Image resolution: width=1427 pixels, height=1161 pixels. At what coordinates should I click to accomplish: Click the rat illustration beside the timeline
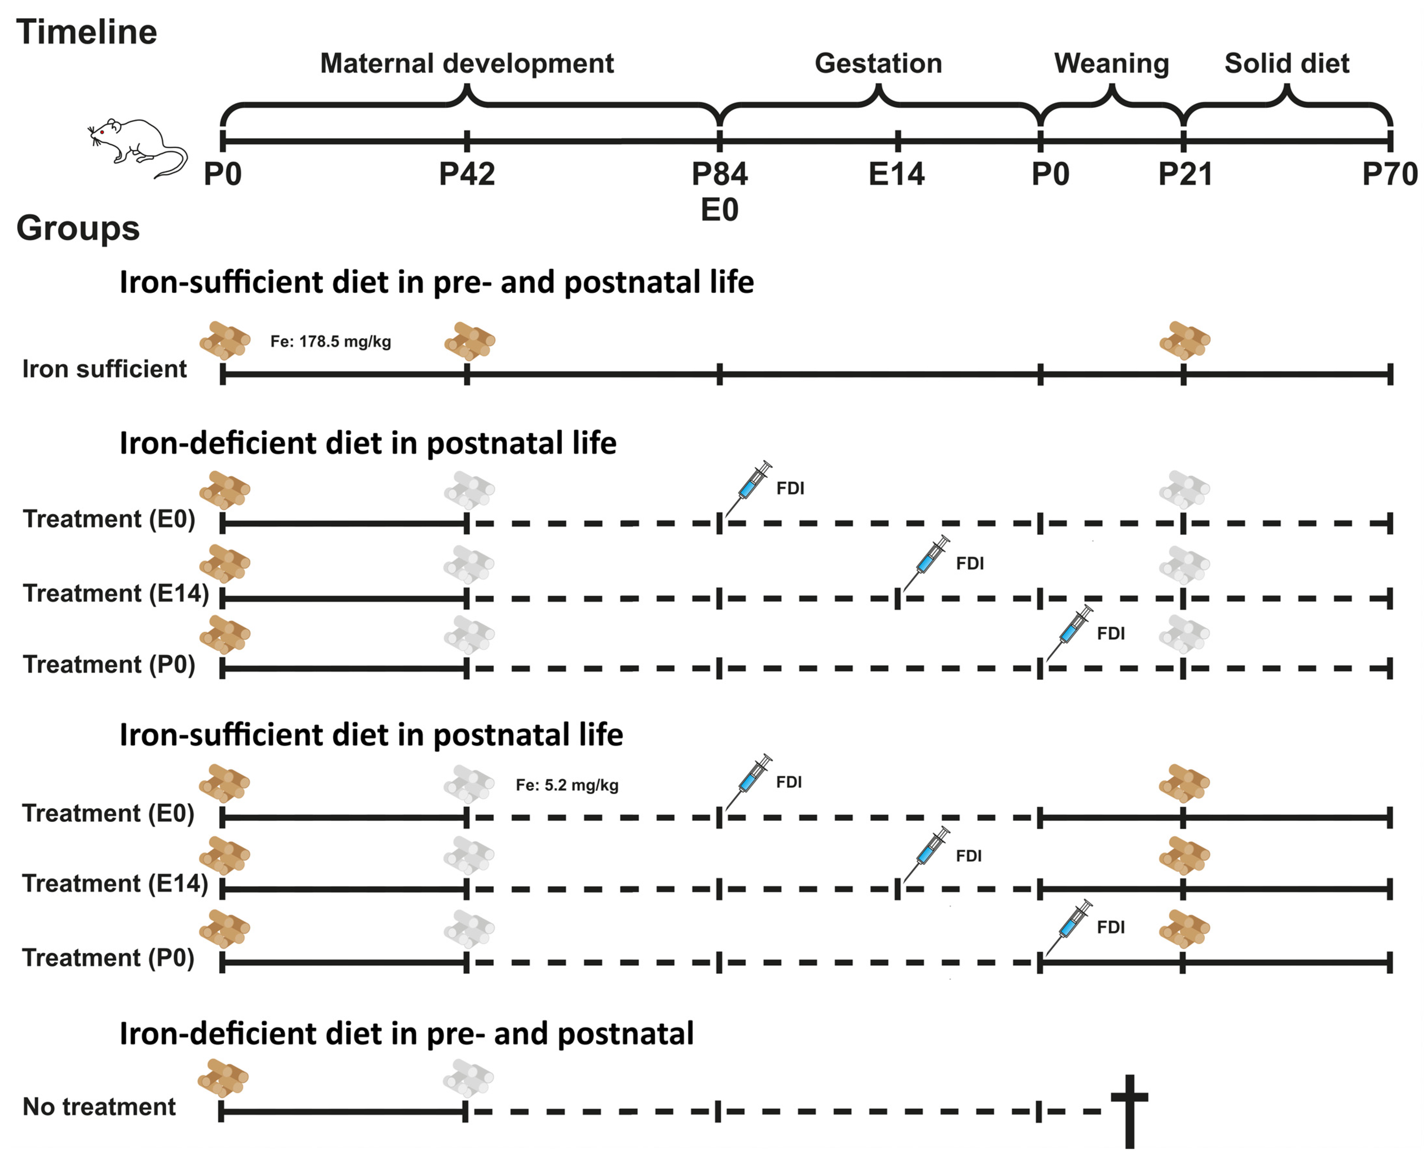(x=137, y=147)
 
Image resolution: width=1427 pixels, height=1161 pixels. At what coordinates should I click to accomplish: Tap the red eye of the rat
(x=102, y=132)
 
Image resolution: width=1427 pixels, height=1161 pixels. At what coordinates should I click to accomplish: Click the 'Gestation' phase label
(x=878, y=63)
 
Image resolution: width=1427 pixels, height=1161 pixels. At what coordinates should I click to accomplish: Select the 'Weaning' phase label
(x=1111, y=63)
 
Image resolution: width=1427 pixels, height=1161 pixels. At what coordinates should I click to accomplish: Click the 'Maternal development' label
(x=466, y=63)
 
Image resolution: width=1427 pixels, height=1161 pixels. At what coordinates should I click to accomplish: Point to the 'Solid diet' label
(x=1287, y=63)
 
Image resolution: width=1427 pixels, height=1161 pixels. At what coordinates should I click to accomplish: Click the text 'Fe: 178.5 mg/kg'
(x=330, y=342)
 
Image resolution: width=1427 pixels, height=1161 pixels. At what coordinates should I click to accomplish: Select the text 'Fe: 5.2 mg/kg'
(x=567, y=785)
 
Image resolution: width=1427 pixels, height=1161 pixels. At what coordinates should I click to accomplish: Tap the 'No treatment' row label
(x=99, y=1107)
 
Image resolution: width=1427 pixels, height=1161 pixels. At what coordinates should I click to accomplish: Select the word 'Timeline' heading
(x=87, y=32)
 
